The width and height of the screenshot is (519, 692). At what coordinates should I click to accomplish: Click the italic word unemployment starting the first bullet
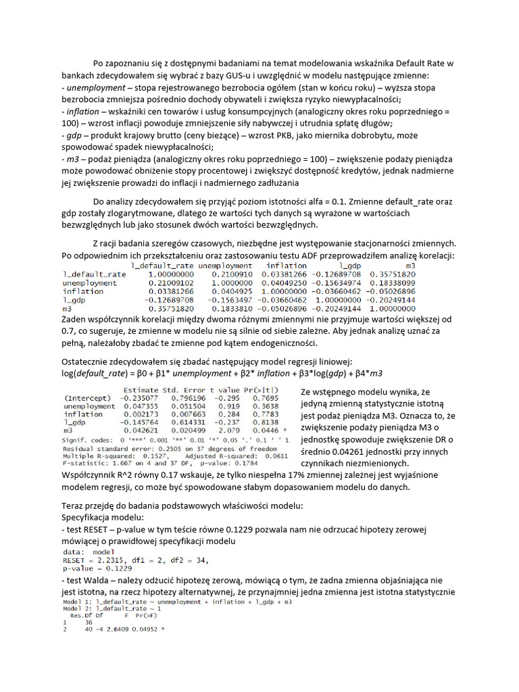pos(93,88)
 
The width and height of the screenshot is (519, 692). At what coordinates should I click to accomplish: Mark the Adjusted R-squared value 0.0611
pos(254,455)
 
